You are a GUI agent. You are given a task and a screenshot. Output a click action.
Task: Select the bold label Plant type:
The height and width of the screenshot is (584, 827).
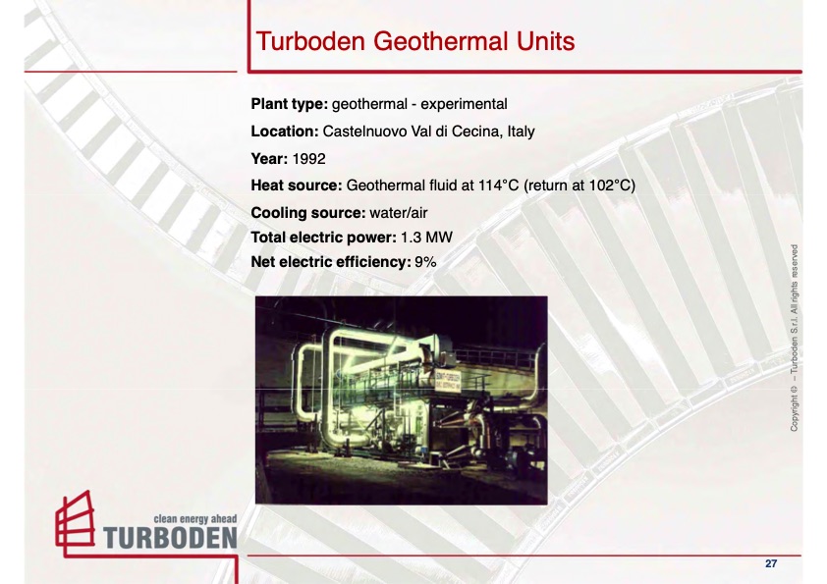[x=291, y=103]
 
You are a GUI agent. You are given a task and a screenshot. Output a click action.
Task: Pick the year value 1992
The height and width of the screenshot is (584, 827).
[x=308, y=157]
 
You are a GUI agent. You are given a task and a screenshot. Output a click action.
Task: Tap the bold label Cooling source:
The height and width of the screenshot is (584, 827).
[x=308, y=212]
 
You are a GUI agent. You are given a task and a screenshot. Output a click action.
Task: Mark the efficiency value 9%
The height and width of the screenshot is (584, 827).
[x=425, y=262]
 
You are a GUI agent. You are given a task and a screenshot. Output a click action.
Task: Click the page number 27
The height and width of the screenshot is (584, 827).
[x=771, y=563]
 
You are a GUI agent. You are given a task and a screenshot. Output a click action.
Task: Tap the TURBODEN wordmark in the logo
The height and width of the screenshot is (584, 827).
[x=170, y=537]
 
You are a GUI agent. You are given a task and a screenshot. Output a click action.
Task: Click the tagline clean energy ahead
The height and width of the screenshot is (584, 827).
[x=195, y=517]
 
